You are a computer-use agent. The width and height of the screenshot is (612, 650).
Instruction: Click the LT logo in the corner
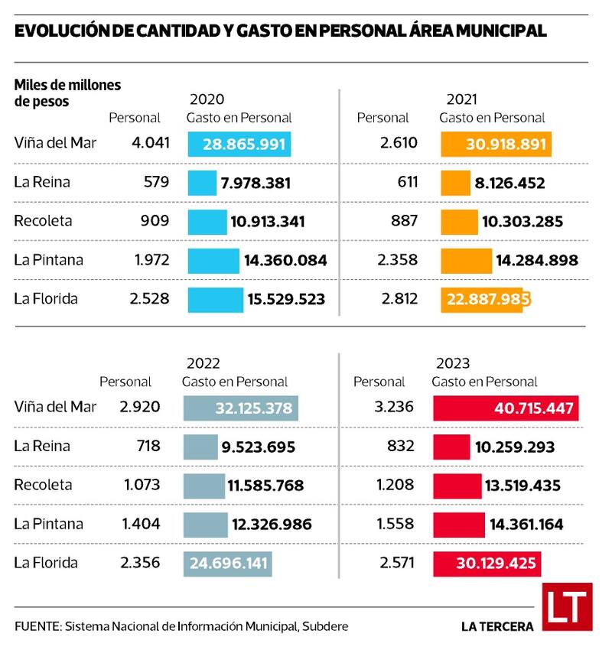pos(567,607)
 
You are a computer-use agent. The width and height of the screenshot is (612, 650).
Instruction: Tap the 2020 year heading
pos(207,99)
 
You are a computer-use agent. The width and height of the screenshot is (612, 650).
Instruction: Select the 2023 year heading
pos(453,362)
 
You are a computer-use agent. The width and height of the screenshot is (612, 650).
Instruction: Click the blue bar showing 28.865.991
pos(239,144)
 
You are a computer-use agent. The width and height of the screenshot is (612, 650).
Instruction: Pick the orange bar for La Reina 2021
pos(455,183)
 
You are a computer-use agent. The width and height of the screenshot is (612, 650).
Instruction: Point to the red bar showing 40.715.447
pos(506,408)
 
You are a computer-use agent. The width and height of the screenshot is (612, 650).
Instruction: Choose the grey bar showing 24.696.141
pos(227,564)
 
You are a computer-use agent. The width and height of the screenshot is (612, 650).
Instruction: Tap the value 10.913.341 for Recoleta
pos(267,222)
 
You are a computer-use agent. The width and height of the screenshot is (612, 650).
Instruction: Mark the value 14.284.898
pos(536,261)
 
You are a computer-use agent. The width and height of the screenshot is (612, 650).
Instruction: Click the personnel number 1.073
pos(141,485)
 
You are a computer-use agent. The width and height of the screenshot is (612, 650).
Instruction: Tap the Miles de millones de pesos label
pos(67,93)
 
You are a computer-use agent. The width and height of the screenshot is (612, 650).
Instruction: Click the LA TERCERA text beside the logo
pos(497,626)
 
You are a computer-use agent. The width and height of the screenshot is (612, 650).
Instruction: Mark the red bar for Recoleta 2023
pos(457,486)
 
